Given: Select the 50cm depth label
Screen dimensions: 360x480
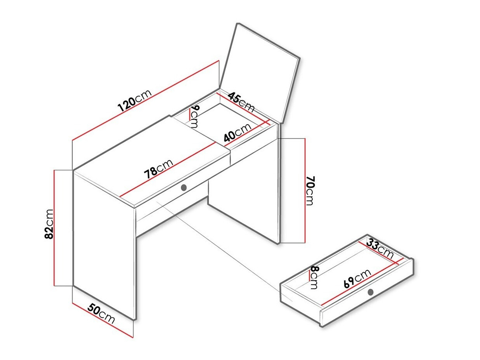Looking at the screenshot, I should coord(101,314).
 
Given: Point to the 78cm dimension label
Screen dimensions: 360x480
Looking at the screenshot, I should coord(158,170).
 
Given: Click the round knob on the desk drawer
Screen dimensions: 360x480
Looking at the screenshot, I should coord(184,187).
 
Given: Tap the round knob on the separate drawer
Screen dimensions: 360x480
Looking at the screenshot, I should coord(371,292).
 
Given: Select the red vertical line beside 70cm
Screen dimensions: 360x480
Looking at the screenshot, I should coord(305,190).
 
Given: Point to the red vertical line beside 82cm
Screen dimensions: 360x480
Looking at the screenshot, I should coord(55,228).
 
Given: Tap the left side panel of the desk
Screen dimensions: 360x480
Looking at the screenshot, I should coord(104,244).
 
